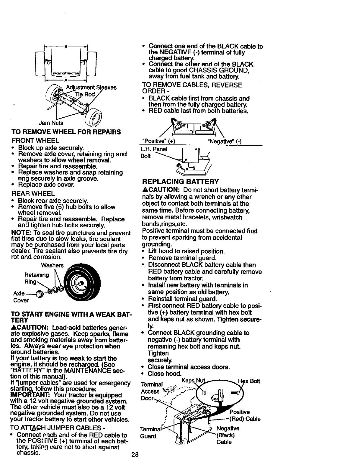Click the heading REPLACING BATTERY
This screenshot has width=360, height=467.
point(180,181)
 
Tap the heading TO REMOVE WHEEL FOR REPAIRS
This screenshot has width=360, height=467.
point(66,132)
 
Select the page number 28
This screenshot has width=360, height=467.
point(135,454)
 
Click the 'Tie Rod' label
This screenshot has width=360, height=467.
point(85,94)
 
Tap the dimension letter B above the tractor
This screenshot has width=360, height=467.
point(66,46)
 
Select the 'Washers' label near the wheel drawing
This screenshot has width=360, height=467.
point(52,265)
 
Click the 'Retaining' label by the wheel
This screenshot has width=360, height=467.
point(37,275)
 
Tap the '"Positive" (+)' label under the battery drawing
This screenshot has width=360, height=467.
point(159,141)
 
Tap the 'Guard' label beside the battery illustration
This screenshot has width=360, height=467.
point(148,436)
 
